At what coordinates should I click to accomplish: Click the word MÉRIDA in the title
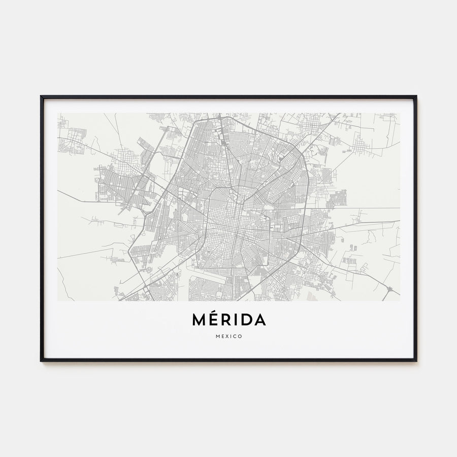(x=228, y=320)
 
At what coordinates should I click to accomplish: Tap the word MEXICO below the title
(x=228, y=336)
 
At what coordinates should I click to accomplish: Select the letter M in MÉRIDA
(x=199, y=320)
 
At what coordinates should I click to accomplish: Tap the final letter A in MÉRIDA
(x=259, y=320)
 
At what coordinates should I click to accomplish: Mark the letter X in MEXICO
(x=227, y=336)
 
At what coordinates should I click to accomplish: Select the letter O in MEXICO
(x=240, y=336)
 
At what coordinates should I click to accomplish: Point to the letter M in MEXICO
(x=217, y=336)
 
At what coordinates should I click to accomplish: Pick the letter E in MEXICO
(x=222, y=336)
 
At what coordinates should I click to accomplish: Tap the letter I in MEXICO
(x=231, y=336)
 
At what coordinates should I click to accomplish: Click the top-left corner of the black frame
(x=41, y=96)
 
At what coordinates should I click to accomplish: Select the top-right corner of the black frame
(x=416, y=96)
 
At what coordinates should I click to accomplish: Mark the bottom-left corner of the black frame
(x=41, y=361)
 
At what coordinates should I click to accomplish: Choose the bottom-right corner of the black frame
(x=416, y=361)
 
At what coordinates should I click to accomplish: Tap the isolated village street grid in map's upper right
(x=360, y=146)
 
